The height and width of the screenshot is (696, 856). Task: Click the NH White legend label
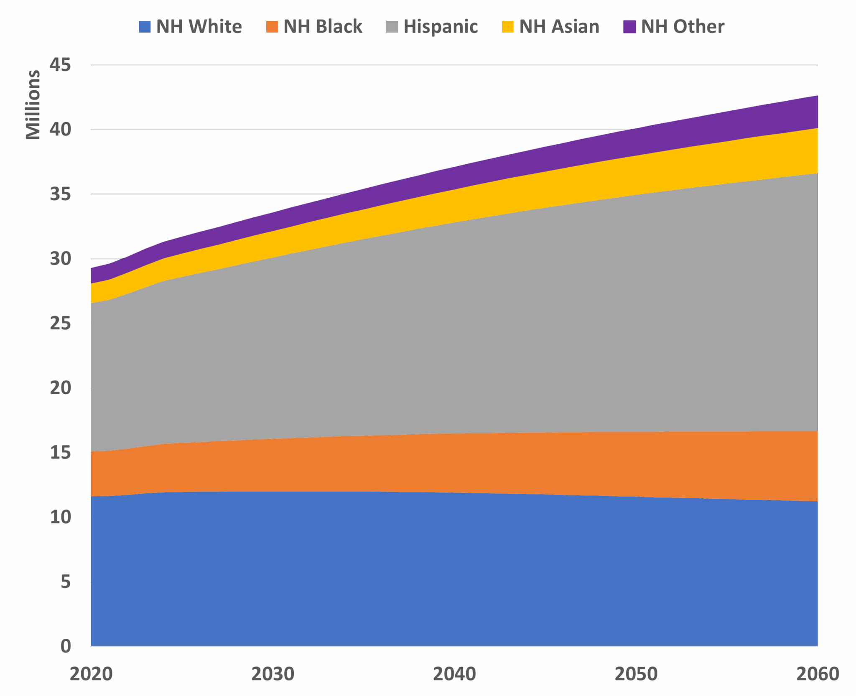[x=199, y=27]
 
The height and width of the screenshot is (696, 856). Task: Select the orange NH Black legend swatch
[x=272, y=27]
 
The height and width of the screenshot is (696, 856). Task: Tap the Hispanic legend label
[x=440, y=27]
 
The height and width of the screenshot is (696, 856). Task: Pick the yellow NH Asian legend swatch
[x=507, y=27]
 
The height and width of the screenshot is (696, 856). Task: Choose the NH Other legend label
[x=682, y=27]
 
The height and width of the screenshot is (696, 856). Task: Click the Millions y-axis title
[x=33, y=105]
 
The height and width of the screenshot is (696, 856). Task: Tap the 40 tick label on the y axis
[x=60, y=130]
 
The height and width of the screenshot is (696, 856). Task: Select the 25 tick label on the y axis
[x=60, y=323]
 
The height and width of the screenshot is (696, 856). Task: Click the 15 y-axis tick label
[x=60, y=453]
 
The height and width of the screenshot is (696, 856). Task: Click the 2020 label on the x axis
[x=91, y=674]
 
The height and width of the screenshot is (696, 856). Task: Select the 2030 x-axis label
[x=273, y=674]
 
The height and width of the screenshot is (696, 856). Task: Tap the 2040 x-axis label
[x=454, y=674]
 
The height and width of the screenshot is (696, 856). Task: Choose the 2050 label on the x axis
[x=636, y=674]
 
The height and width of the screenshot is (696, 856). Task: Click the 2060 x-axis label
[x=817, y=674]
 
